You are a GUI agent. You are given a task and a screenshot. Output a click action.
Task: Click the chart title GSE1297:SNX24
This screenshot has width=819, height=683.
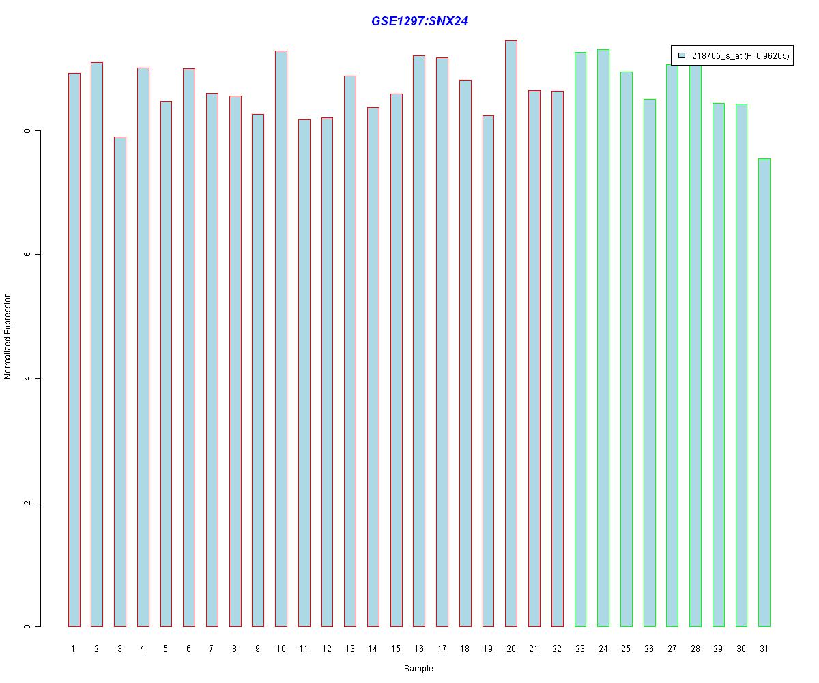[x=419, y=21]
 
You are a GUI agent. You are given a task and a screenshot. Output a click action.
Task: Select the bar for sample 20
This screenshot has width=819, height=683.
[x=511, y=335]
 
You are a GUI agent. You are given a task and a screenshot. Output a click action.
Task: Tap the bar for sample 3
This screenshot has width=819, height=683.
[x=119, y=382]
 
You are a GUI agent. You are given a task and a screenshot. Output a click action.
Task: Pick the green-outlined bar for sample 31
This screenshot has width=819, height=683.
[x=764, y=393]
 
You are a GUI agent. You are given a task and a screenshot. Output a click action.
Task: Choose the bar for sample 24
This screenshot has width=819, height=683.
[x=603, y=339]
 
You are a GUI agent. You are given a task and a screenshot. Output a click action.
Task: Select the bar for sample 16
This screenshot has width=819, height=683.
[x=419, y=341]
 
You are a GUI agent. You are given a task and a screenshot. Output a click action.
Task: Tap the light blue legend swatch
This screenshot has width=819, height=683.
[x=681, y=56]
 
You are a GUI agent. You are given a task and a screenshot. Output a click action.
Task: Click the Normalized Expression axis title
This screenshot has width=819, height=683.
[x=8, y=336]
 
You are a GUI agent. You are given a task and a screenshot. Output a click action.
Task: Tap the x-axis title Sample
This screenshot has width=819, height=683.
[x=418, y=669]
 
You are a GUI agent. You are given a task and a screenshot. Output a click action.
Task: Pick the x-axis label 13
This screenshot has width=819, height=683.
[x=349, y=649]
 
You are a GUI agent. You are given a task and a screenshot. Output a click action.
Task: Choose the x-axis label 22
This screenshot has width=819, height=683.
[x=557, y=649]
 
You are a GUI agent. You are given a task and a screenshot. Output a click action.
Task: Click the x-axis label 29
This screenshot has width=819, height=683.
[x=718, y=649]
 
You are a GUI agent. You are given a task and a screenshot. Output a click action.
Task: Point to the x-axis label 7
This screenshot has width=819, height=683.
[x=212, y=649]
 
